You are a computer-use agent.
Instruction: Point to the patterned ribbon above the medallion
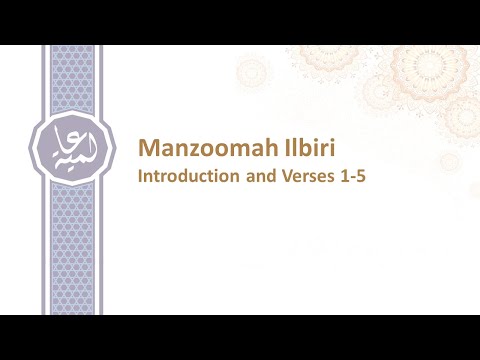[66, 80]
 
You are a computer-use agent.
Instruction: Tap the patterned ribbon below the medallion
[66, 250]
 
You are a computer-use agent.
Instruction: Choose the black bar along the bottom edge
[240, 337]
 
